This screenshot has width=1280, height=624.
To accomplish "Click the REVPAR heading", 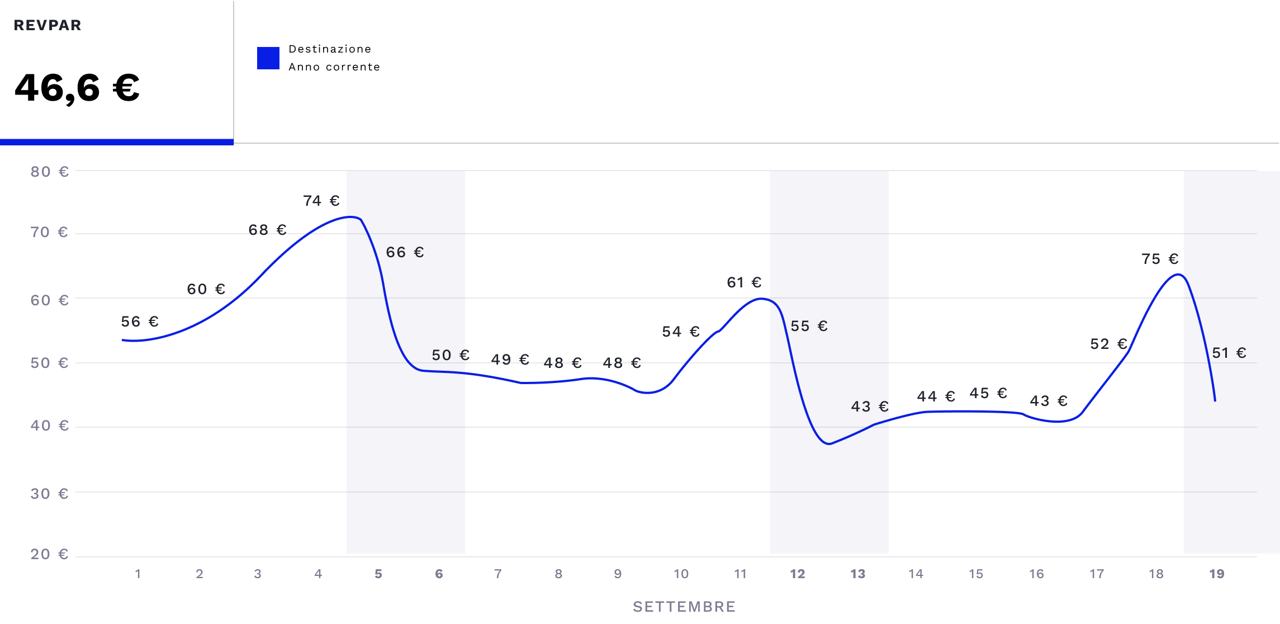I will click(48, 25).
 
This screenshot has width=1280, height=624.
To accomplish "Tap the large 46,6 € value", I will click(77, 88).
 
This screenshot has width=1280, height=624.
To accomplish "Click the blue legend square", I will click(268, 58).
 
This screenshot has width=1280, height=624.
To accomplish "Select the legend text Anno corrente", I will click(334, 67).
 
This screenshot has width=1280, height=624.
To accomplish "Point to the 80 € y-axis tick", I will click(49, 172).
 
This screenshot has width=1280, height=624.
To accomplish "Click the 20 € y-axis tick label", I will click(49, 554).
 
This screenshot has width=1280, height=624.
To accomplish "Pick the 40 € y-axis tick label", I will click(49, 426).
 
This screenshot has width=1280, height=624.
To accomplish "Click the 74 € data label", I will click(321, 201).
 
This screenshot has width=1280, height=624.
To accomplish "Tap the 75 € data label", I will click(1160, 259).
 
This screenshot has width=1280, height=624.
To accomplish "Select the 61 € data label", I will click(744, 282).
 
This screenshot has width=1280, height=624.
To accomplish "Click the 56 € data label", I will click(140, 322).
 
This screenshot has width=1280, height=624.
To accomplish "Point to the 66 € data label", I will click(405, 252).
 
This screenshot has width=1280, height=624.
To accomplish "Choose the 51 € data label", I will click(1229, 353).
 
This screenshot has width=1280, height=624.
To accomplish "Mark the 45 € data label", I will click(988, 393).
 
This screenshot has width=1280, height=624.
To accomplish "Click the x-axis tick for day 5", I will click(378, 574).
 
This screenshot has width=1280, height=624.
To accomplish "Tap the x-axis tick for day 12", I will click(798, 574).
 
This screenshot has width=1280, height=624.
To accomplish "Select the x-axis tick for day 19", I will click(1217, 574).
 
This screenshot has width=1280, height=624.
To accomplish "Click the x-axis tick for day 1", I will click(138, 574).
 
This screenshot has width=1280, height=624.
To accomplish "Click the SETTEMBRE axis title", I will click(684, 607).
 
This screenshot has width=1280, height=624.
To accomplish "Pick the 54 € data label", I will click(681, 332).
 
